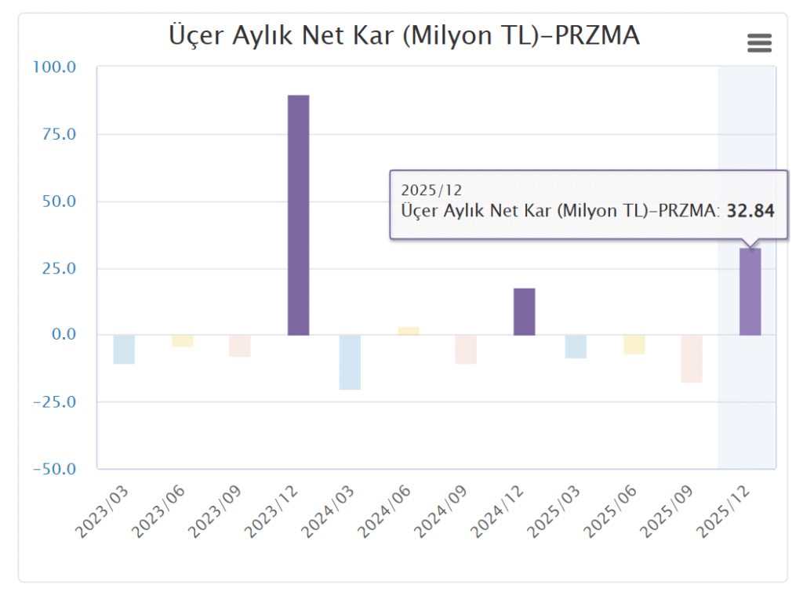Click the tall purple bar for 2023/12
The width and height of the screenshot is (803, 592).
coord(298,215)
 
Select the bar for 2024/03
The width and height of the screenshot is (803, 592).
coord(350,362)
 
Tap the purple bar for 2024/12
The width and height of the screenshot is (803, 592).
coord(524,312)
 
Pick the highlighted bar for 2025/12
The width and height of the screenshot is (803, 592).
coord(750,292)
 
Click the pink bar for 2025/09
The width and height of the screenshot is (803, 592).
coord(692,359)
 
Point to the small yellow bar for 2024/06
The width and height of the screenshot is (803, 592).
coord(409,331)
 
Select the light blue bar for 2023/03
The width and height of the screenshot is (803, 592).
coord(124,350)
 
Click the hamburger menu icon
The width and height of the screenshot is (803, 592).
coord(759,43)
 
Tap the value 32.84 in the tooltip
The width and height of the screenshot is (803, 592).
coord(750,210)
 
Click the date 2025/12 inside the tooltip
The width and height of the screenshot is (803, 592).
coord(431,190)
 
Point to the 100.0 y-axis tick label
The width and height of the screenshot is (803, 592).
coord(54,67)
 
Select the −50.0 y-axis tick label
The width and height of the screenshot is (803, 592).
coord(54,469)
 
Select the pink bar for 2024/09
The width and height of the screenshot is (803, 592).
coord(466,350)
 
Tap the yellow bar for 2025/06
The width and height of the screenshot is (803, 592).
coord(634,345)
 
